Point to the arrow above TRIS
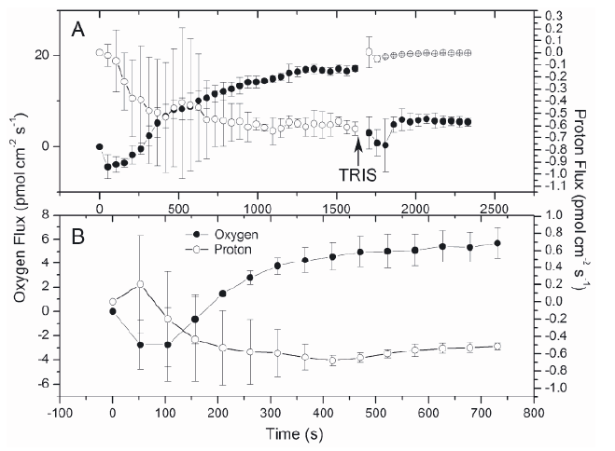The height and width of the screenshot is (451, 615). coord(357,147)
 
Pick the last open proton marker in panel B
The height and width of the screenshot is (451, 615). coord(497,346)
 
